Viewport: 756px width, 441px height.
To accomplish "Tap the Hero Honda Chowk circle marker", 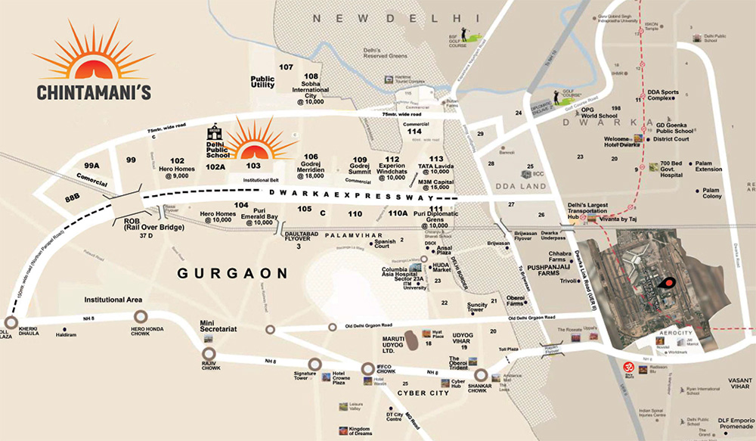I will pos(140,316).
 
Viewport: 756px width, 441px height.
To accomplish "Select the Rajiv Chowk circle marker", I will pos(209,353).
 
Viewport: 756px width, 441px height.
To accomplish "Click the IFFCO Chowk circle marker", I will pos(368,368).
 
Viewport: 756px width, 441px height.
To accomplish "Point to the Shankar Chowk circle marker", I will pos(481,374).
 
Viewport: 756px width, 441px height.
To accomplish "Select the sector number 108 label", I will pos(310,76).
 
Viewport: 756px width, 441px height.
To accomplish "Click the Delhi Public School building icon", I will pos(213,129).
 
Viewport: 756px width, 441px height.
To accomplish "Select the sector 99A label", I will pos(92,165).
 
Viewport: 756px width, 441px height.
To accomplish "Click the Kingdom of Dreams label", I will pos(362,432).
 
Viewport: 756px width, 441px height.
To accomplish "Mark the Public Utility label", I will pos(262,82).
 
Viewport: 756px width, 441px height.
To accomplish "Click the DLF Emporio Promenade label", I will pos(730,424).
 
